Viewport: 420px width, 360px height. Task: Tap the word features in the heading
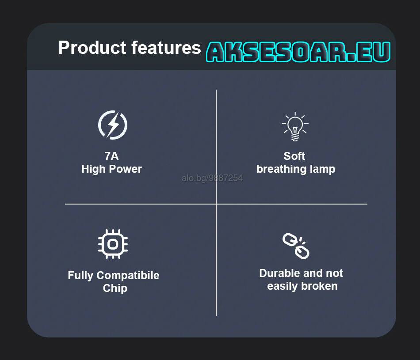click(x=166, y=48)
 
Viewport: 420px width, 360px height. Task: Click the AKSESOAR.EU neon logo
click(x=298, y=52)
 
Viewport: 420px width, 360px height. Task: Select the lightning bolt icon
click(x=113, y=125)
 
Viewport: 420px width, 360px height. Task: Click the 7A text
click(x=111, y=156)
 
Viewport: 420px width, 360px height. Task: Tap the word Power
click(x=126, y=169)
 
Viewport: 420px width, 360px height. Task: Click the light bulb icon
click(x=295, y=126)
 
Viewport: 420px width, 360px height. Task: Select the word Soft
click(x=294, y=156)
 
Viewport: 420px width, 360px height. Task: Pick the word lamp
click(x=322, y=170)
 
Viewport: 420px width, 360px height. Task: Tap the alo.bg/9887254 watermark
click(x=212, y=178)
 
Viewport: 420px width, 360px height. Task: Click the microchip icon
click(x=113, y=244)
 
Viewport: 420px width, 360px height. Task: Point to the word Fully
click(x=80, y=276)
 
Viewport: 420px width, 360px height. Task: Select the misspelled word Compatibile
click(x=128, y=276)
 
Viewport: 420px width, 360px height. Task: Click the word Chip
click(x=115, y=288)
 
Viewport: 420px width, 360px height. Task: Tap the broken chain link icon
click(x=296, y=246)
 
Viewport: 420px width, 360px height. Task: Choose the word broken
click(x=319, y=286)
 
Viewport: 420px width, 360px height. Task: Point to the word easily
click(x=283, y=287)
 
